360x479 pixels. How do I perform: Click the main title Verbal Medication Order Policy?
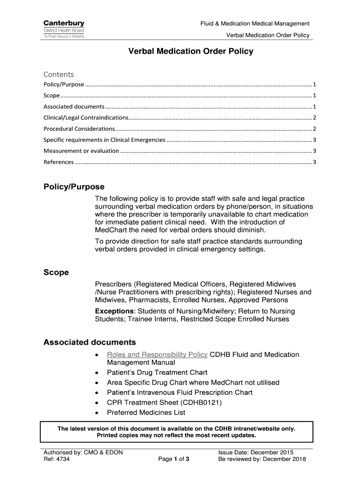(x=191, y=51)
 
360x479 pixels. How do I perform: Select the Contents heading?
(x=58, y=74)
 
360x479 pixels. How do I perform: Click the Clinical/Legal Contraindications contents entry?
(x=86, y=117)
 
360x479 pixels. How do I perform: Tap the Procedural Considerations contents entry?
(x=79, y=129)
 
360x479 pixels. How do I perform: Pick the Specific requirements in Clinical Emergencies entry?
(x=104, y=140)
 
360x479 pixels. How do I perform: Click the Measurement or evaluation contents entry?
(x=81, y=151)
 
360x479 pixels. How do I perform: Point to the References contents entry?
(x=58, y=162)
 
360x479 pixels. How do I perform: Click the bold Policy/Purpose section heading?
(x=74, y=187)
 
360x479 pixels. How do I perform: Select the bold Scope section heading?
(x=56, y=272)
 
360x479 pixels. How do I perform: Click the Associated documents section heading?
(x=90, y=342)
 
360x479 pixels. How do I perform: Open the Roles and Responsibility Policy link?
(x=157, y=355)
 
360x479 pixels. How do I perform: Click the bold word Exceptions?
(x=114, y=311)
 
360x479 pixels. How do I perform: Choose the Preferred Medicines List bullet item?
(x=146, y=413)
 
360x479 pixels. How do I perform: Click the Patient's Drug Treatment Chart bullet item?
(x=157, y=372)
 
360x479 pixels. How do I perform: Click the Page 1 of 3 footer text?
(x=174, y=459)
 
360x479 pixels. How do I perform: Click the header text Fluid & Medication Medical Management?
(x=255, y=23)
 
